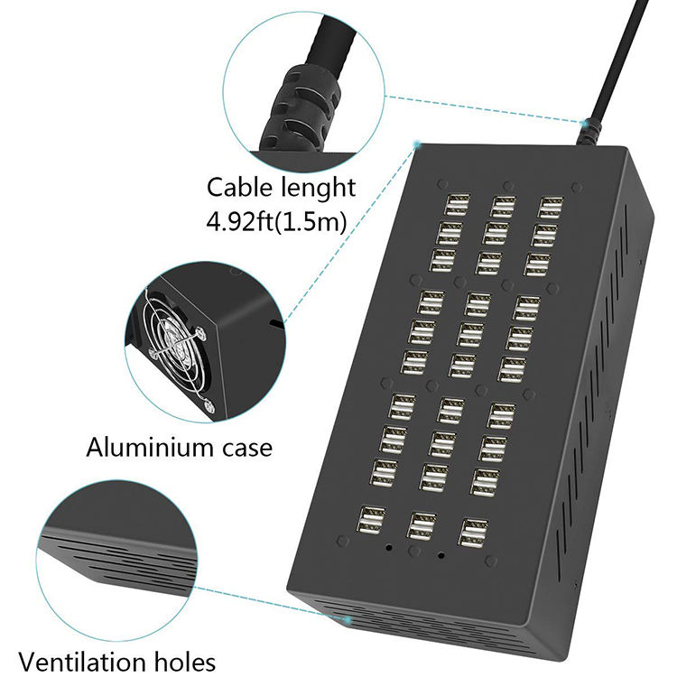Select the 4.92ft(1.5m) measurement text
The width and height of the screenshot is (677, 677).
coord(276,221)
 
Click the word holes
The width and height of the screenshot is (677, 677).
coord(183,661)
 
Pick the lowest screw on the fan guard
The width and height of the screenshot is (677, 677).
coord(211,407)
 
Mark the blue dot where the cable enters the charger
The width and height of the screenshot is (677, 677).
coord(588,120)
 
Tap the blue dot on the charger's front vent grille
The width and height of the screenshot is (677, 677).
coord(349,620)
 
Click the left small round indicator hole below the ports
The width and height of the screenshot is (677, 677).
coord(389,547)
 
